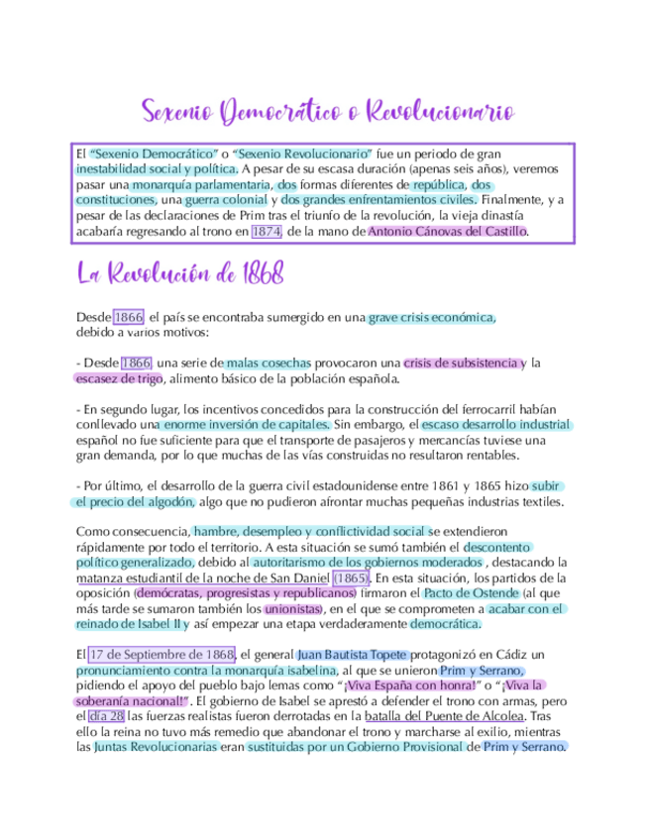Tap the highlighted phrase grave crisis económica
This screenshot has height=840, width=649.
tap(431, 317)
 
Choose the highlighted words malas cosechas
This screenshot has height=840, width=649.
tap(269, 363)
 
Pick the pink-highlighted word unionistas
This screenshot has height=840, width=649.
tap(294, 608)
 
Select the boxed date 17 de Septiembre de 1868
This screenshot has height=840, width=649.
tap(161, 655)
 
